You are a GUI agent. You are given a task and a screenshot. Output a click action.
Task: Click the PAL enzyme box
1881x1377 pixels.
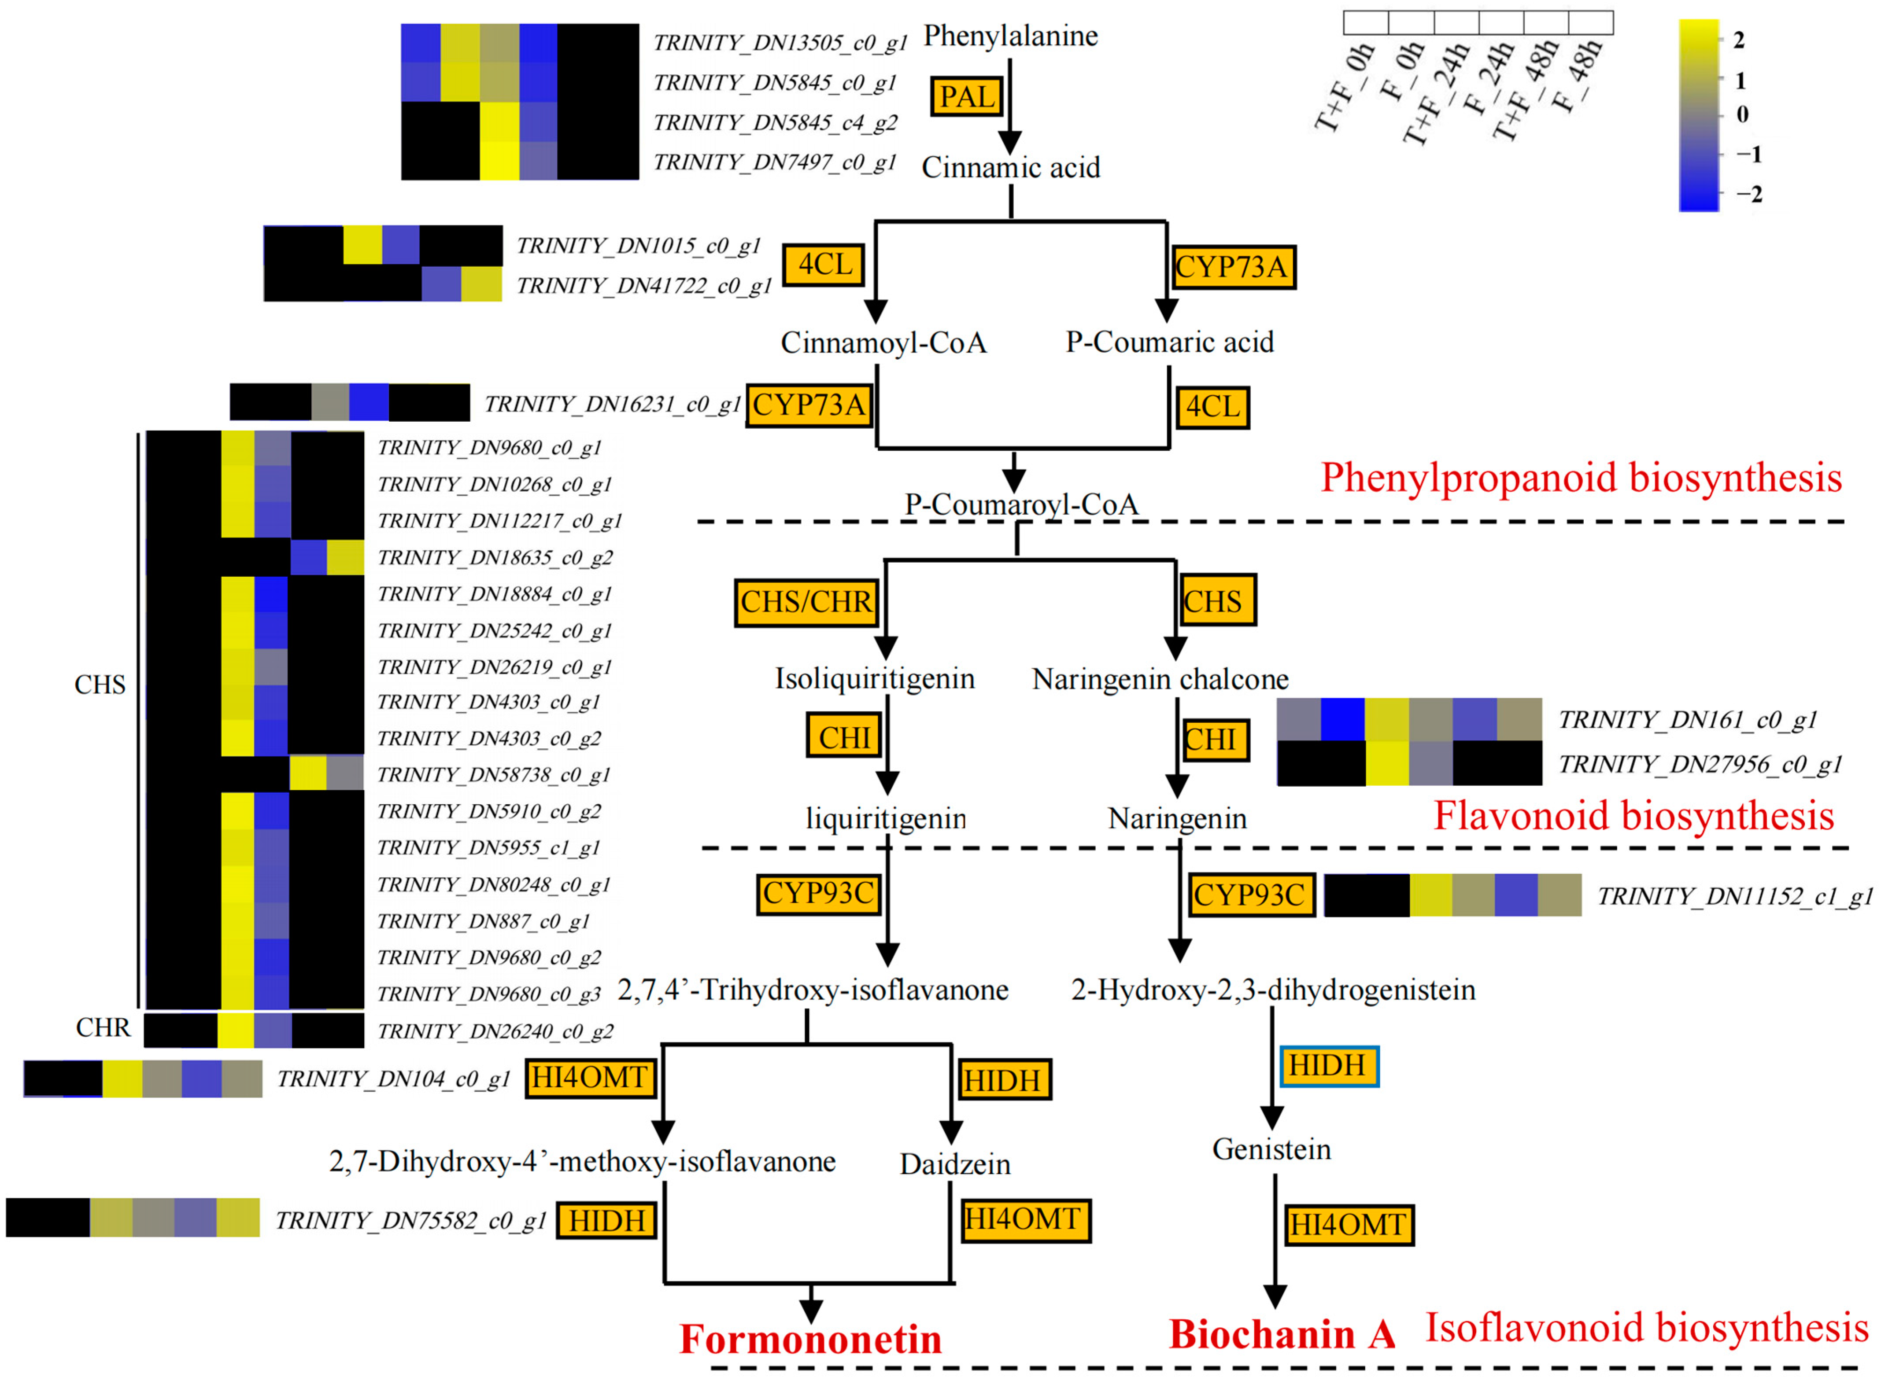coord(966,97)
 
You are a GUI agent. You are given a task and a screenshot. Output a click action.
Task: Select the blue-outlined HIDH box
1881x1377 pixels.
coord(1328,1066)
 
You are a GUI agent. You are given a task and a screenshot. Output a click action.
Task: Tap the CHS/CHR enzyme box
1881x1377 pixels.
coord(806,602)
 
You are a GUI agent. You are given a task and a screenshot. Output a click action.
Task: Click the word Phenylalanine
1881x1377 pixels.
coord(1011,36)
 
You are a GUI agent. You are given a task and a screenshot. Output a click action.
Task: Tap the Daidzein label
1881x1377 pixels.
coord(955,1163)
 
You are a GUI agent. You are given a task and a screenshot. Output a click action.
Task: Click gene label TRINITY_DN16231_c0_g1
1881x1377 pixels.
coord(612,404)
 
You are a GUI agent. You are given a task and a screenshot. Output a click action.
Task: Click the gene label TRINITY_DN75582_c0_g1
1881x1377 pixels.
coord(410,1220)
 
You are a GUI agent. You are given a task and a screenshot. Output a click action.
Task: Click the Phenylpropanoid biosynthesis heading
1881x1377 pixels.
coord(1581,478)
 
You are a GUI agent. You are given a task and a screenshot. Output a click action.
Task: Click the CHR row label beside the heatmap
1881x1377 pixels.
coord(103,1028)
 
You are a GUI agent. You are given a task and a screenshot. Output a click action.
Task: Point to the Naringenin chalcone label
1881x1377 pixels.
coord(1160,679)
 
